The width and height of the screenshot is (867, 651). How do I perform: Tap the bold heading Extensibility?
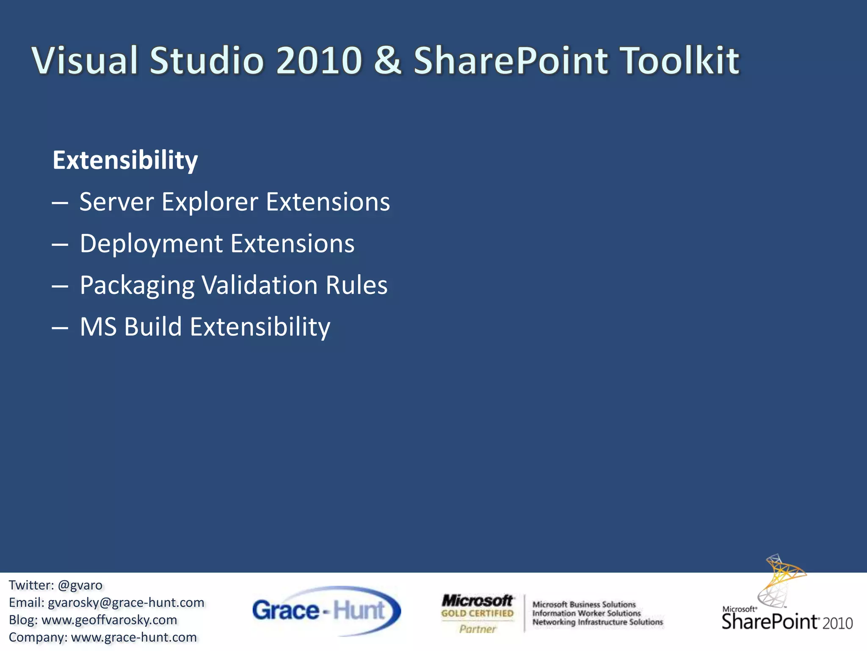click(x=125, y=160)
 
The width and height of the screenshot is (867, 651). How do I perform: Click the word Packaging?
click(x=137, y=285)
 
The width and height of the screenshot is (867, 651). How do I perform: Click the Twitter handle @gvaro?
click(x=80, y=585)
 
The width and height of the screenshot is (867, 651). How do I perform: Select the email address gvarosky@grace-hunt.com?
click(x=126, y=603)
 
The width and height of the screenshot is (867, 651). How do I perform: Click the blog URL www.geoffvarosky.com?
click(x=109, y=620)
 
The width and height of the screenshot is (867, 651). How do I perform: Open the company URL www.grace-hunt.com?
click(x=134, y=637)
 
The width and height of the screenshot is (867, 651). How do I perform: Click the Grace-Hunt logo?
click(x=326, y=611)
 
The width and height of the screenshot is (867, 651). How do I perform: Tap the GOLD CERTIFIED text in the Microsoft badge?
click(x=477, y=613)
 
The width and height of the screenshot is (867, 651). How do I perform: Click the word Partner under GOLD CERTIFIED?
click(x=478, y=629)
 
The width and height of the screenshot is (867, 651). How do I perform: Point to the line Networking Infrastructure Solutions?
click(x=597, y=622)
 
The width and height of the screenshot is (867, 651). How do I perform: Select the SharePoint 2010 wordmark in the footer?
click(x=787, y=622)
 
